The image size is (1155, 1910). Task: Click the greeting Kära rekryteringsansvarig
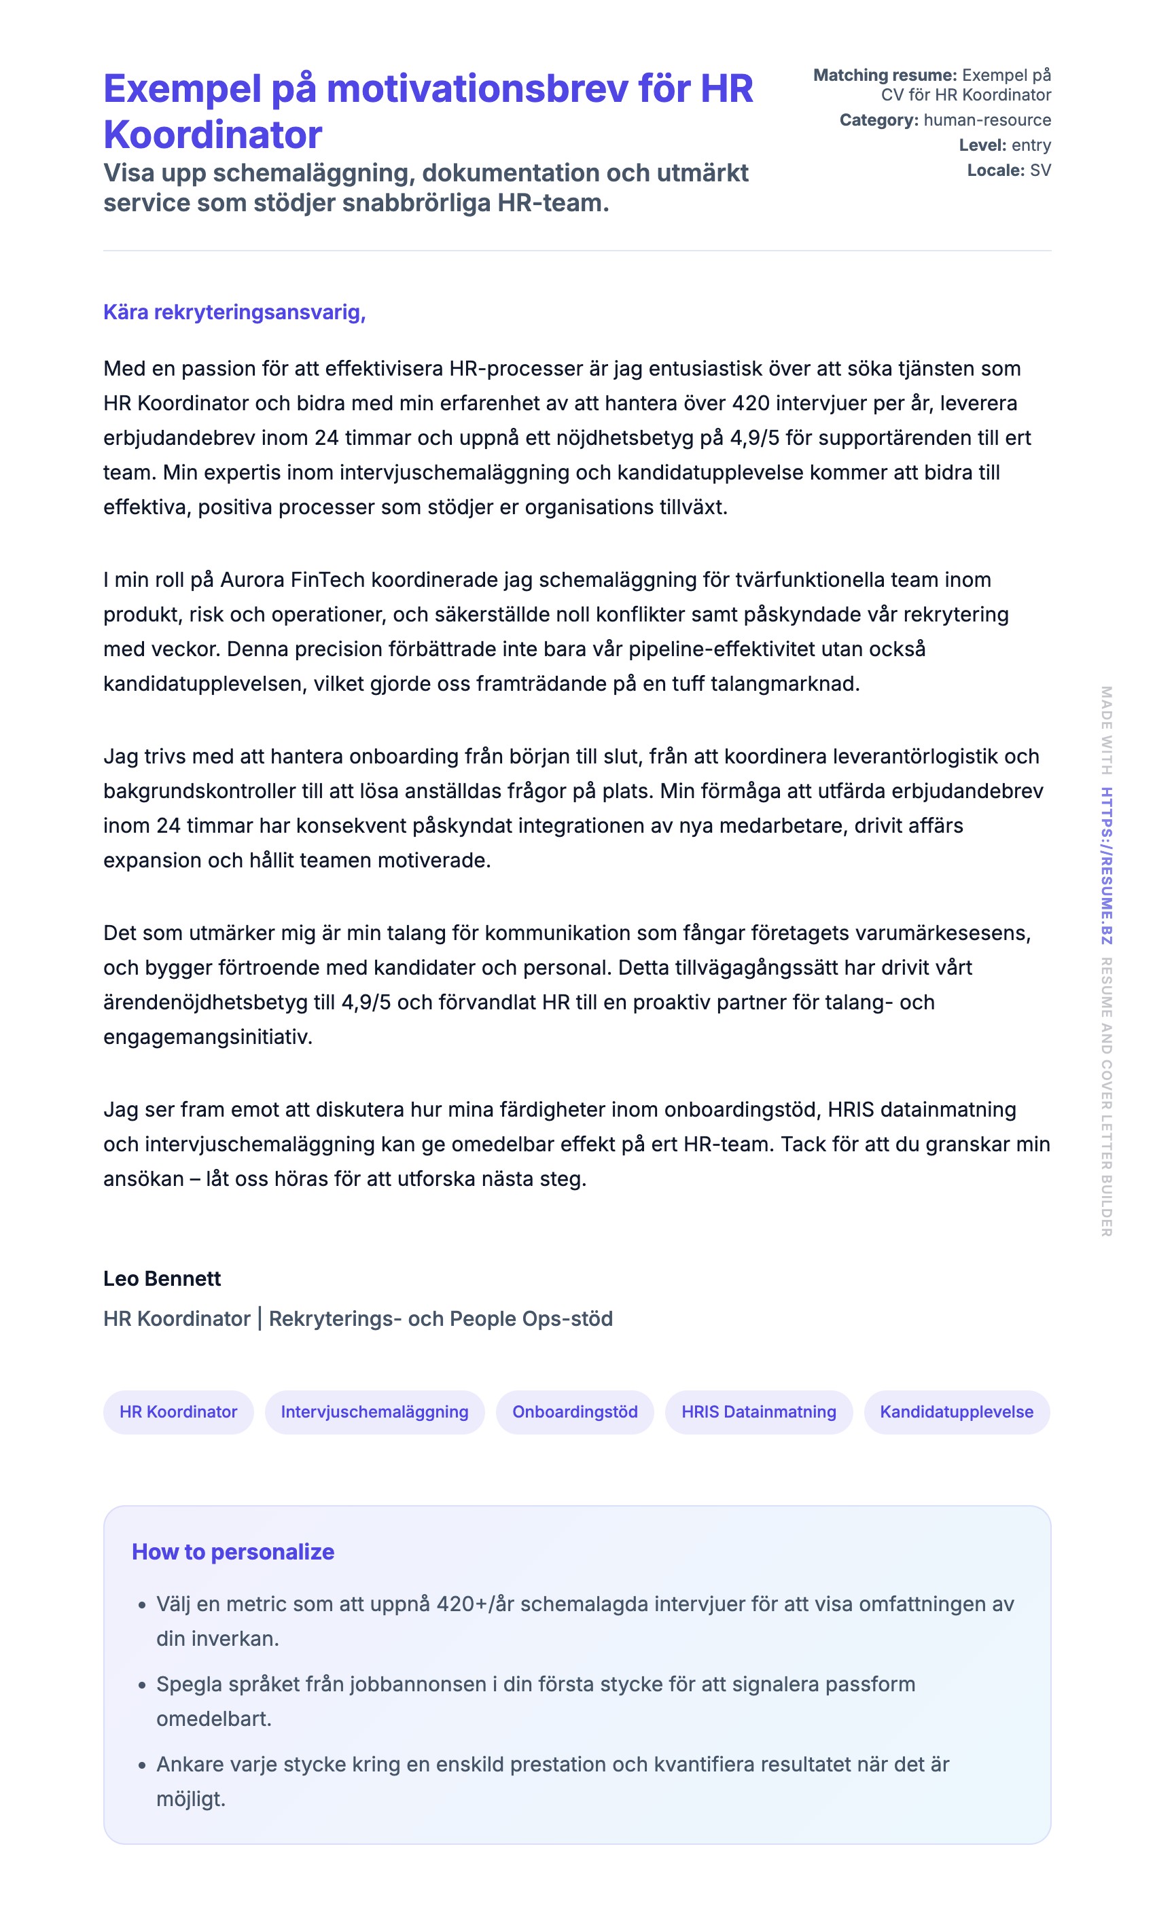(234, 312)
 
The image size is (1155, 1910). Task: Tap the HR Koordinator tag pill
(178, 1411)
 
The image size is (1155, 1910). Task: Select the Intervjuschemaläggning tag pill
(374, 1411)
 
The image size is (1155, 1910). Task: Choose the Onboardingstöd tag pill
(574, 1411)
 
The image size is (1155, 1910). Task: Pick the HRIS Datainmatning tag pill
(758, 1411)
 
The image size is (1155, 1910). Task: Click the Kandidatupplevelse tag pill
(956, 1411)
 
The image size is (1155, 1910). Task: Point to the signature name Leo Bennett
(162, 1278)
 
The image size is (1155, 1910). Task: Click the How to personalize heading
(232, 1552)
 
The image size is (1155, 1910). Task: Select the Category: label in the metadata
(878, 120)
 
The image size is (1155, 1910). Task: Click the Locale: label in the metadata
(995, 170)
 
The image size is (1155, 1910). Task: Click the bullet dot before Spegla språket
(142, 1686)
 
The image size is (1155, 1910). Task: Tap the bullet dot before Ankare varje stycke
(142, 1766)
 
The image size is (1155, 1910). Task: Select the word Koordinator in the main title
(213, 135)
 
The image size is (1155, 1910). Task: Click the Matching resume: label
(885, 75)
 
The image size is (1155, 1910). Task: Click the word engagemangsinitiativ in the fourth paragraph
(207, 1037)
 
